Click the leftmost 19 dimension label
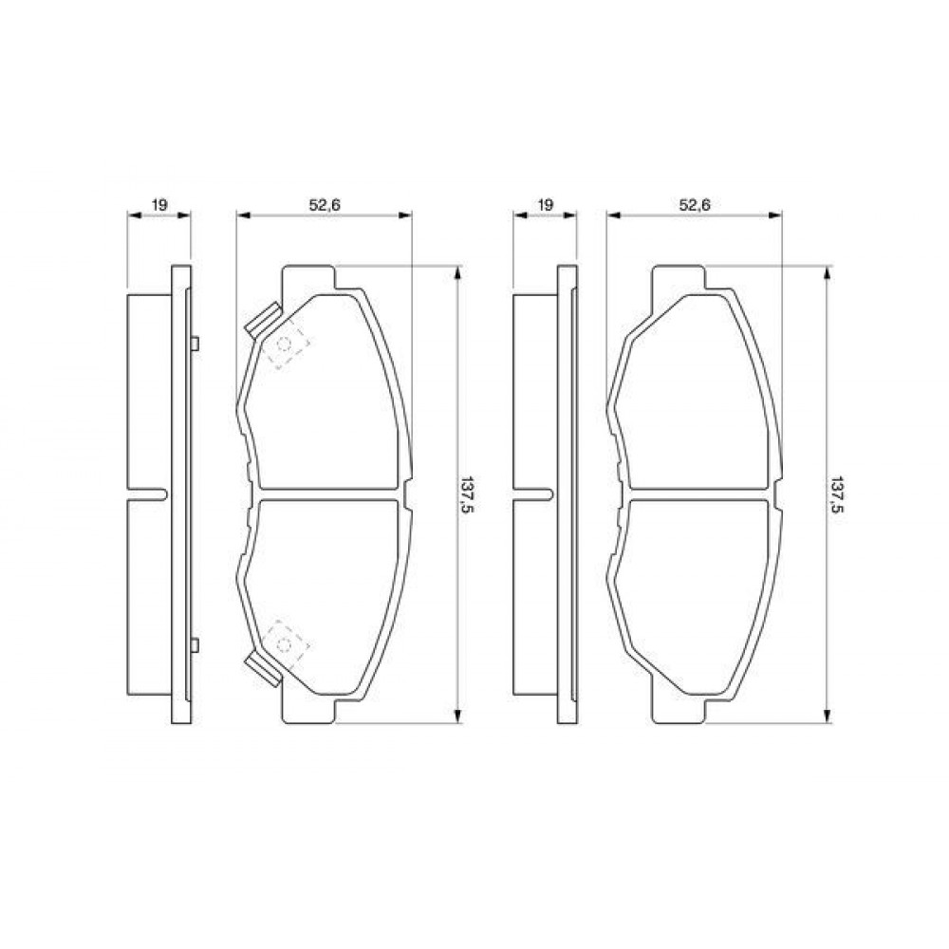158,205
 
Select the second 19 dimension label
545,205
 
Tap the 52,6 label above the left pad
325,205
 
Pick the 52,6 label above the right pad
694,205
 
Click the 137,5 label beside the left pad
465,494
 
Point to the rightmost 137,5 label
836,494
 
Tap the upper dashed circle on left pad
283,344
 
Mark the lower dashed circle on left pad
283,645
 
